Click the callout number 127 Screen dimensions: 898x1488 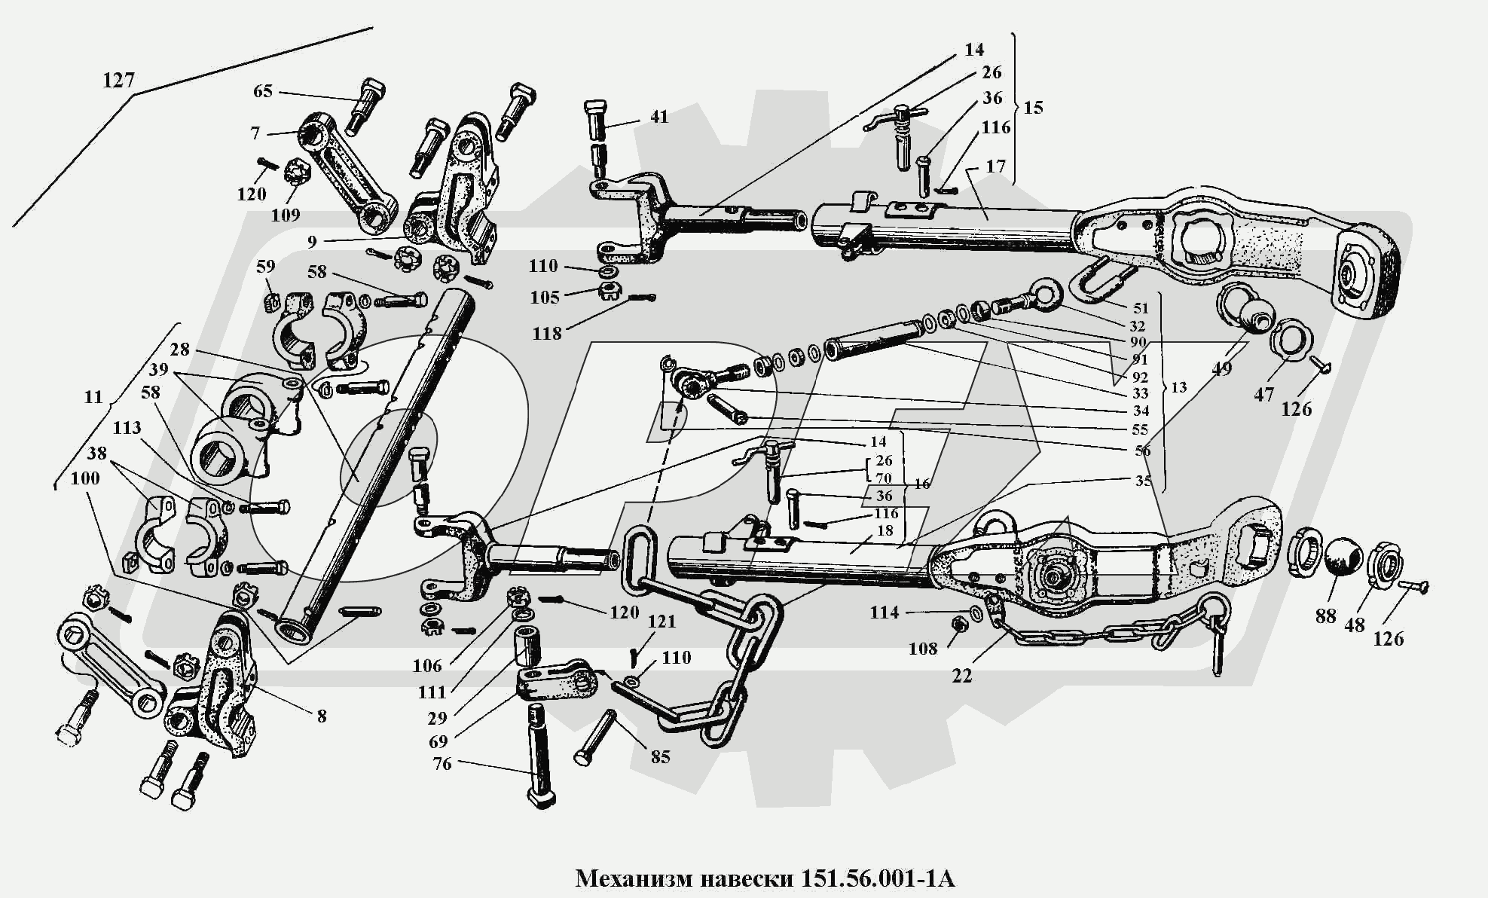click(118, 80)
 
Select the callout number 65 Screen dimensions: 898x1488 click(262, 91)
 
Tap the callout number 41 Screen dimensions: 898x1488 click(658, 117)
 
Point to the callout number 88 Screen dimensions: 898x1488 click(1325, 615)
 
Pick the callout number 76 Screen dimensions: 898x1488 click(442, 764)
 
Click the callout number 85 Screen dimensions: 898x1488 click(660, 756)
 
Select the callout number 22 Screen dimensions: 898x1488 click(962, 676)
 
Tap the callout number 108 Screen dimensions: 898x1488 click(923, 648)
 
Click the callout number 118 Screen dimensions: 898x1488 click(547, 333)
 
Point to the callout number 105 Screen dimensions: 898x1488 click(545, 297)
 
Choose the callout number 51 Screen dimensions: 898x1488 click(1141, 307)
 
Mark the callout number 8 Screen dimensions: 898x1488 click(322, 715)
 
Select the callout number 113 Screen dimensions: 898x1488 click(127, 428)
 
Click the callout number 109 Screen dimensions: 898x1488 click(286, 215)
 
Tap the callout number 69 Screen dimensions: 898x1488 click(438, 741)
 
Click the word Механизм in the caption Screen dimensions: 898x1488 click(632, 878)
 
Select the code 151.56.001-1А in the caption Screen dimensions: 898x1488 click(873, 878)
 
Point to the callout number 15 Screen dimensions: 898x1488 click(1034, 108)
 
